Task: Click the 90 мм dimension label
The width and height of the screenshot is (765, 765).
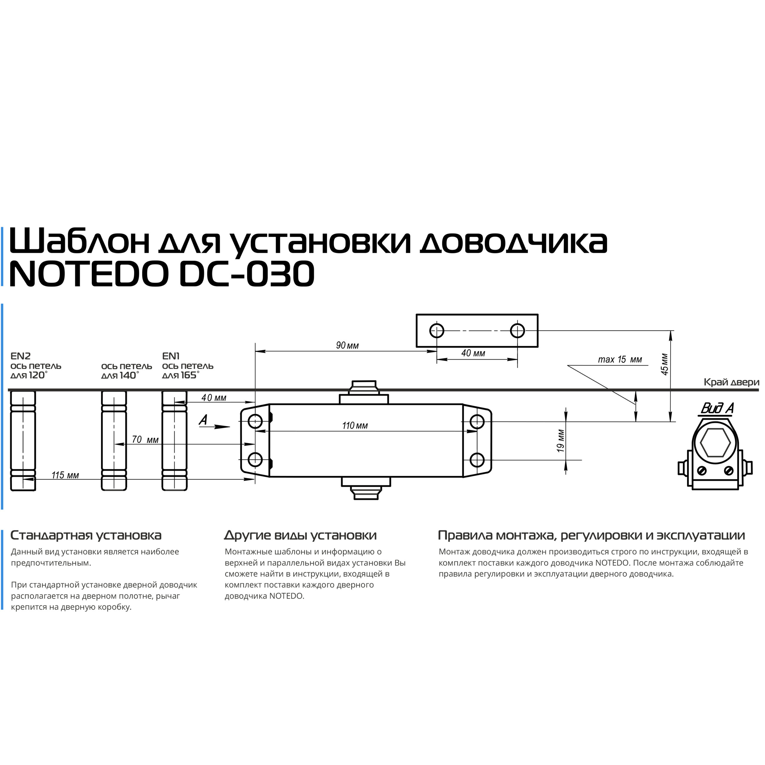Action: point(347,345)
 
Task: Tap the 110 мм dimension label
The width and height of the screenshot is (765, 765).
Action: point(355,426)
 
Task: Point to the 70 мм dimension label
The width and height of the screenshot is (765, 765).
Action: point(145,440)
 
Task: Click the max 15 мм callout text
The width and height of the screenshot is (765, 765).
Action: point(620,359)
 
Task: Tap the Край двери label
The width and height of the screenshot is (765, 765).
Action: point(731,382)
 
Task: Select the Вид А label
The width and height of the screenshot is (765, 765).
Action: point(717,408)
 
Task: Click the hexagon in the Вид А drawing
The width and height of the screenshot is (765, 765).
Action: point(715,443)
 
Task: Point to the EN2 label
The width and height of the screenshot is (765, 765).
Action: point(20,356)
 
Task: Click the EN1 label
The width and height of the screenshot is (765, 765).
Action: point(171,356)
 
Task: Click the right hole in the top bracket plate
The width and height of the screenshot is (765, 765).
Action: point(517,330)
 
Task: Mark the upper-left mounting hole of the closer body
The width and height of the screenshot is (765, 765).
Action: point(255,422)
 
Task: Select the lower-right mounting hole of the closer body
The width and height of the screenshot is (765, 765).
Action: point(477,460)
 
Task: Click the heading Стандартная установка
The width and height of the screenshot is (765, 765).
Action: point(86,535)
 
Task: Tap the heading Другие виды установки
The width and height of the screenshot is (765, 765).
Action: point(300,535)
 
